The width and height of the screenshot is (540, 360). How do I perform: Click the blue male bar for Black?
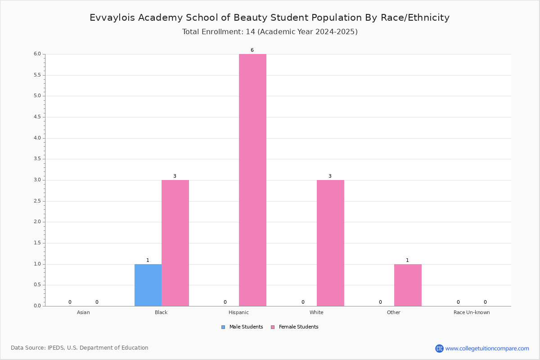148,285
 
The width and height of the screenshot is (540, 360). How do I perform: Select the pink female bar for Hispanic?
252,180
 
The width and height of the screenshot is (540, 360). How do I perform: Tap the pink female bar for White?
330,243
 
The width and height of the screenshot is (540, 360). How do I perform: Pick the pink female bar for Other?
408,285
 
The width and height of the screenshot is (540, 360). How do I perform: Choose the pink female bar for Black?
175,243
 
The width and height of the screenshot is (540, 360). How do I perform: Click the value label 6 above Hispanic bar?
252,50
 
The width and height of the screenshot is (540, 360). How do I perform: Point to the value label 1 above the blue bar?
148,260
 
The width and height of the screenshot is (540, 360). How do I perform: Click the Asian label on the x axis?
83,312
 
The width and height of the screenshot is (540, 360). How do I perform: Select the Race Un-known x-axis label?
472,312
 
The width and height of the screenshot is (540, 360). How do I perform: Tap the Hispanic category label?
238,312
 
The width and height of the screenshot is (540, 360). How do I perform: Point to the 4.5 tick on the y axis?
37,117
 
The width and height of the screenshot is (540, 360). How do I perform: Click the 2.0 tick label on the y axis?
37,222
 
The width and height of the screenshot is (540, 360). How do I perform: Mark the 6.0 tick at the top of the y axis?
37,54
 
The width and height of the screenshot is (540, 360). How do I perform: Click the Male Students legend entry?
242,327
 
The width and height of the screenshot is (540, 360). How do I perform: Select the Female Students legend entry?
295,327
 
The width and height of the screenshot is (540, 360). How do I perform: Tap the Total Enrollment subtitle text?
270,31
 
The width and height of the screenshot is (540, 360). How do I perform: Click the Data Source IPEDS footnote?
80,347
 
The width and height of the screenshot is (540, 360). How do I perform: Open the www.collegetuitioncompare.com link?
487,348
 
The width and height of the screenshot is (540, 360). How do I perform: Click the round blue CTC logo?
439,348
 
